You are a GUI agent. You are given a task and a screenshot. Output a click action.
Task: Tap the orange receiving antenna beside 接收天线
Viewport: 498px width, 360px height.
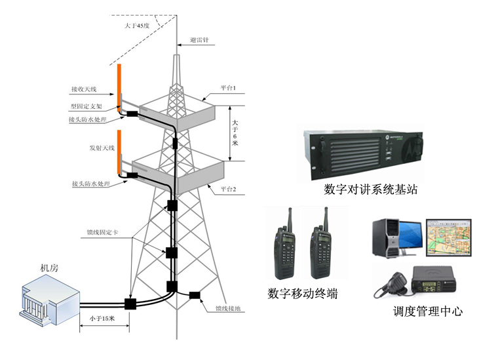[x=119, y=85]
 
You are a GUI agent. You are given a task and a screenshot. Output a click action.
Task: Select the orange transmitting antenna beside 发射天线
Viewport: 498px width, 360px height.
[x=119, y=152]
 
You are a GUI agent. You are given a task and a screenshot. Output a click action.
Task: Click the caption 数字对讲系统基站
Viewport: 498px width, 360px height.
[x=371, y=190]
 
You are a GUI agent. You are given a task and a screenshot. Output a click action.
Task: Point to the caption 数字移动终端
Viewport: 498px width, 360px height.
[x=303, y=293]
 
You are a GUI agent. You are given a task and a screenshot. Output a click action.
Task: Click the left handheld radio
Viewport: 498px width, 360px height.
[x=286, y=246]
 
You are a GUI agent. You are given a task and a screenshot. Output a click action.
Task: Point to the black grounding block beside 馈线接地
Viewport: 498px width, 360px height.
[x=195, y=295]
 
